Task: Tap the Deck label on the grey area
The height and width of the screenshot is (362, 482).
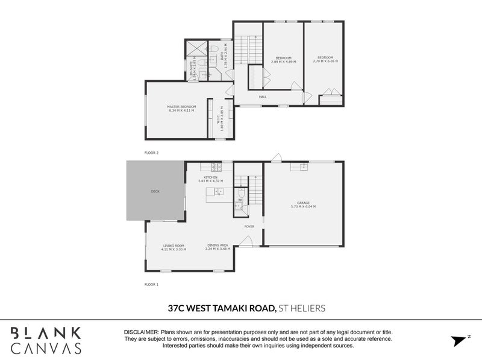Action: pyautogui.click(x=155, y=191)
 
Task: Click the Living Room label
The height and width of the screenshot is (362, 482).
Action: pyautogui.click(x=174, y=246)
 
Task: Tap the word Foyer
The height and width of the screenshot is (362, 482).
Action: pyautogui.click(x=249, y=226)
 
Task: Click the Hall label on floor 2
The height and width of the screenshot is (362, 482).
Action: pyautogui.click(x=263, y=97)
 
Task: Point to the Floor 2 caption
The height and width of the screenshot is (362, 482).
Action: pyautogui.click(x=151, y=153)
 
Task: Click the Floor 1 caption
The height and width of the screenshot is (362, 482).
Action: pyautogui.click(x=151, y=284)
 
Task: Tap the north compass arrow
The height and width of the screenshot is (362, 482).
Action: pyautogui.click(x=459, y=341)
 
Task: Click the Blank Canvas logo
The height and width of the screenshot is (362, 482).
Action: pyautogui.click(x=45, y=340)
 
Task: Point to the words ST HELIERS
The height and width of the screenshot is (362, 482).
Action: pyautogui.click(x=302, y=308)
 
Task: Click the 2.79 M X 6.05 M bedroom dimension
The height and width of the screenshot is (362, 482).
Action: pyautogui.click(x=325, y=62)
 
